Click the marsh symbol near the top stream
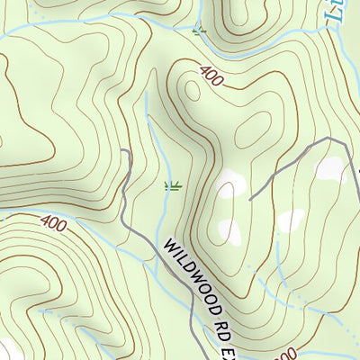pyautogui.click(x=199, y=31)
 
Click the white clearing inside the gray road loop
pyautogui.click(x=330, y=169)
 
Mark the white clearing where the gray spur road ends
pyautogui.click(x=229, y=184)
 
